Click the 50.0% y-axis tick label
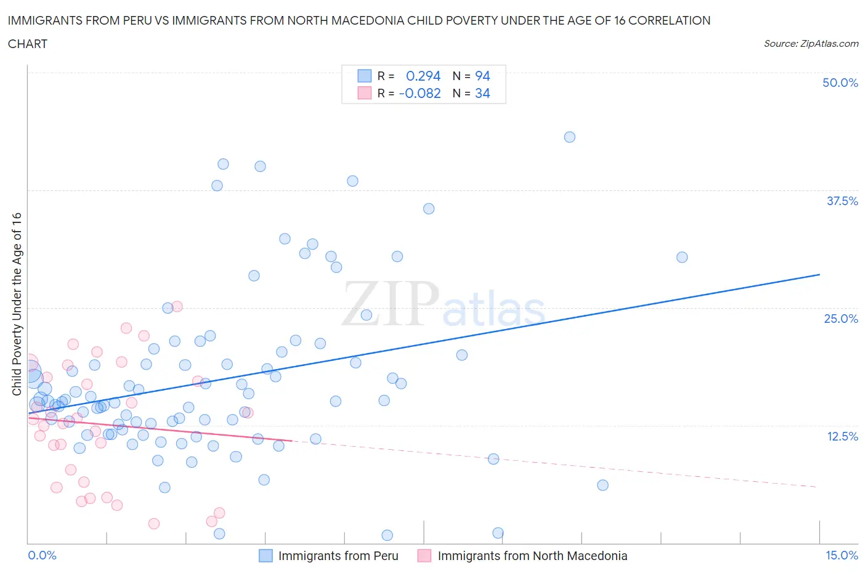tap(840, 83)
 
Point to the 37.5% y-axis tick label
tap(842, 201)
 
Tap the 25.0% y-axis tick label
tap(841, 319)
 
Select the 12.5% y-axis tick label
tap(842, 436)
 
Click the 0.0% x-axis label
tap(42, 555)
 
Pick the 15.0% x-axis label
tap(841, 555)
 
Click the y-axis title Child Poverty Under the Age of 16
tap(17, 304)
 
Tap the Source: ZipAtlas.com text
tap(811, 44)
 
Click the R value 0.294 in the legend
tap(423, 76)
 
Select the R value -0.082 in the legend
tap(420, 93)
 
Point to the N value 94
tap(482, 76)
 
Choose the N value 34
tap(482, 93)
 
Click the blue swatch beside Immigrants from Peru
tap(265, 556)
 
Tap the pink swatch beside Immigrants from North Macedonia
tap(424, 556)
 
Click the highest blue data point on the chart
tap(570, 137)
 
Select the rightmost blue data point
tap(682, 258)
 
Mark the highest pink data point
tap(177, 306)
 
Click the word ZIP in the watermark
tap(391, 304)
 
